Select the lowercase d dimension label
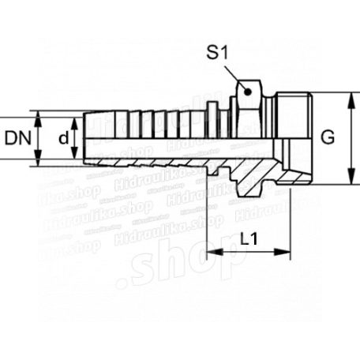[x=62, y=138]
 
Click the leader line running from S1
[x=232, y=76]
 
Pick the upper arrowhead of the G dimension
[x=348, y=97]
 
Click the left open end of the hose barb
[x=83, y=138]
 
